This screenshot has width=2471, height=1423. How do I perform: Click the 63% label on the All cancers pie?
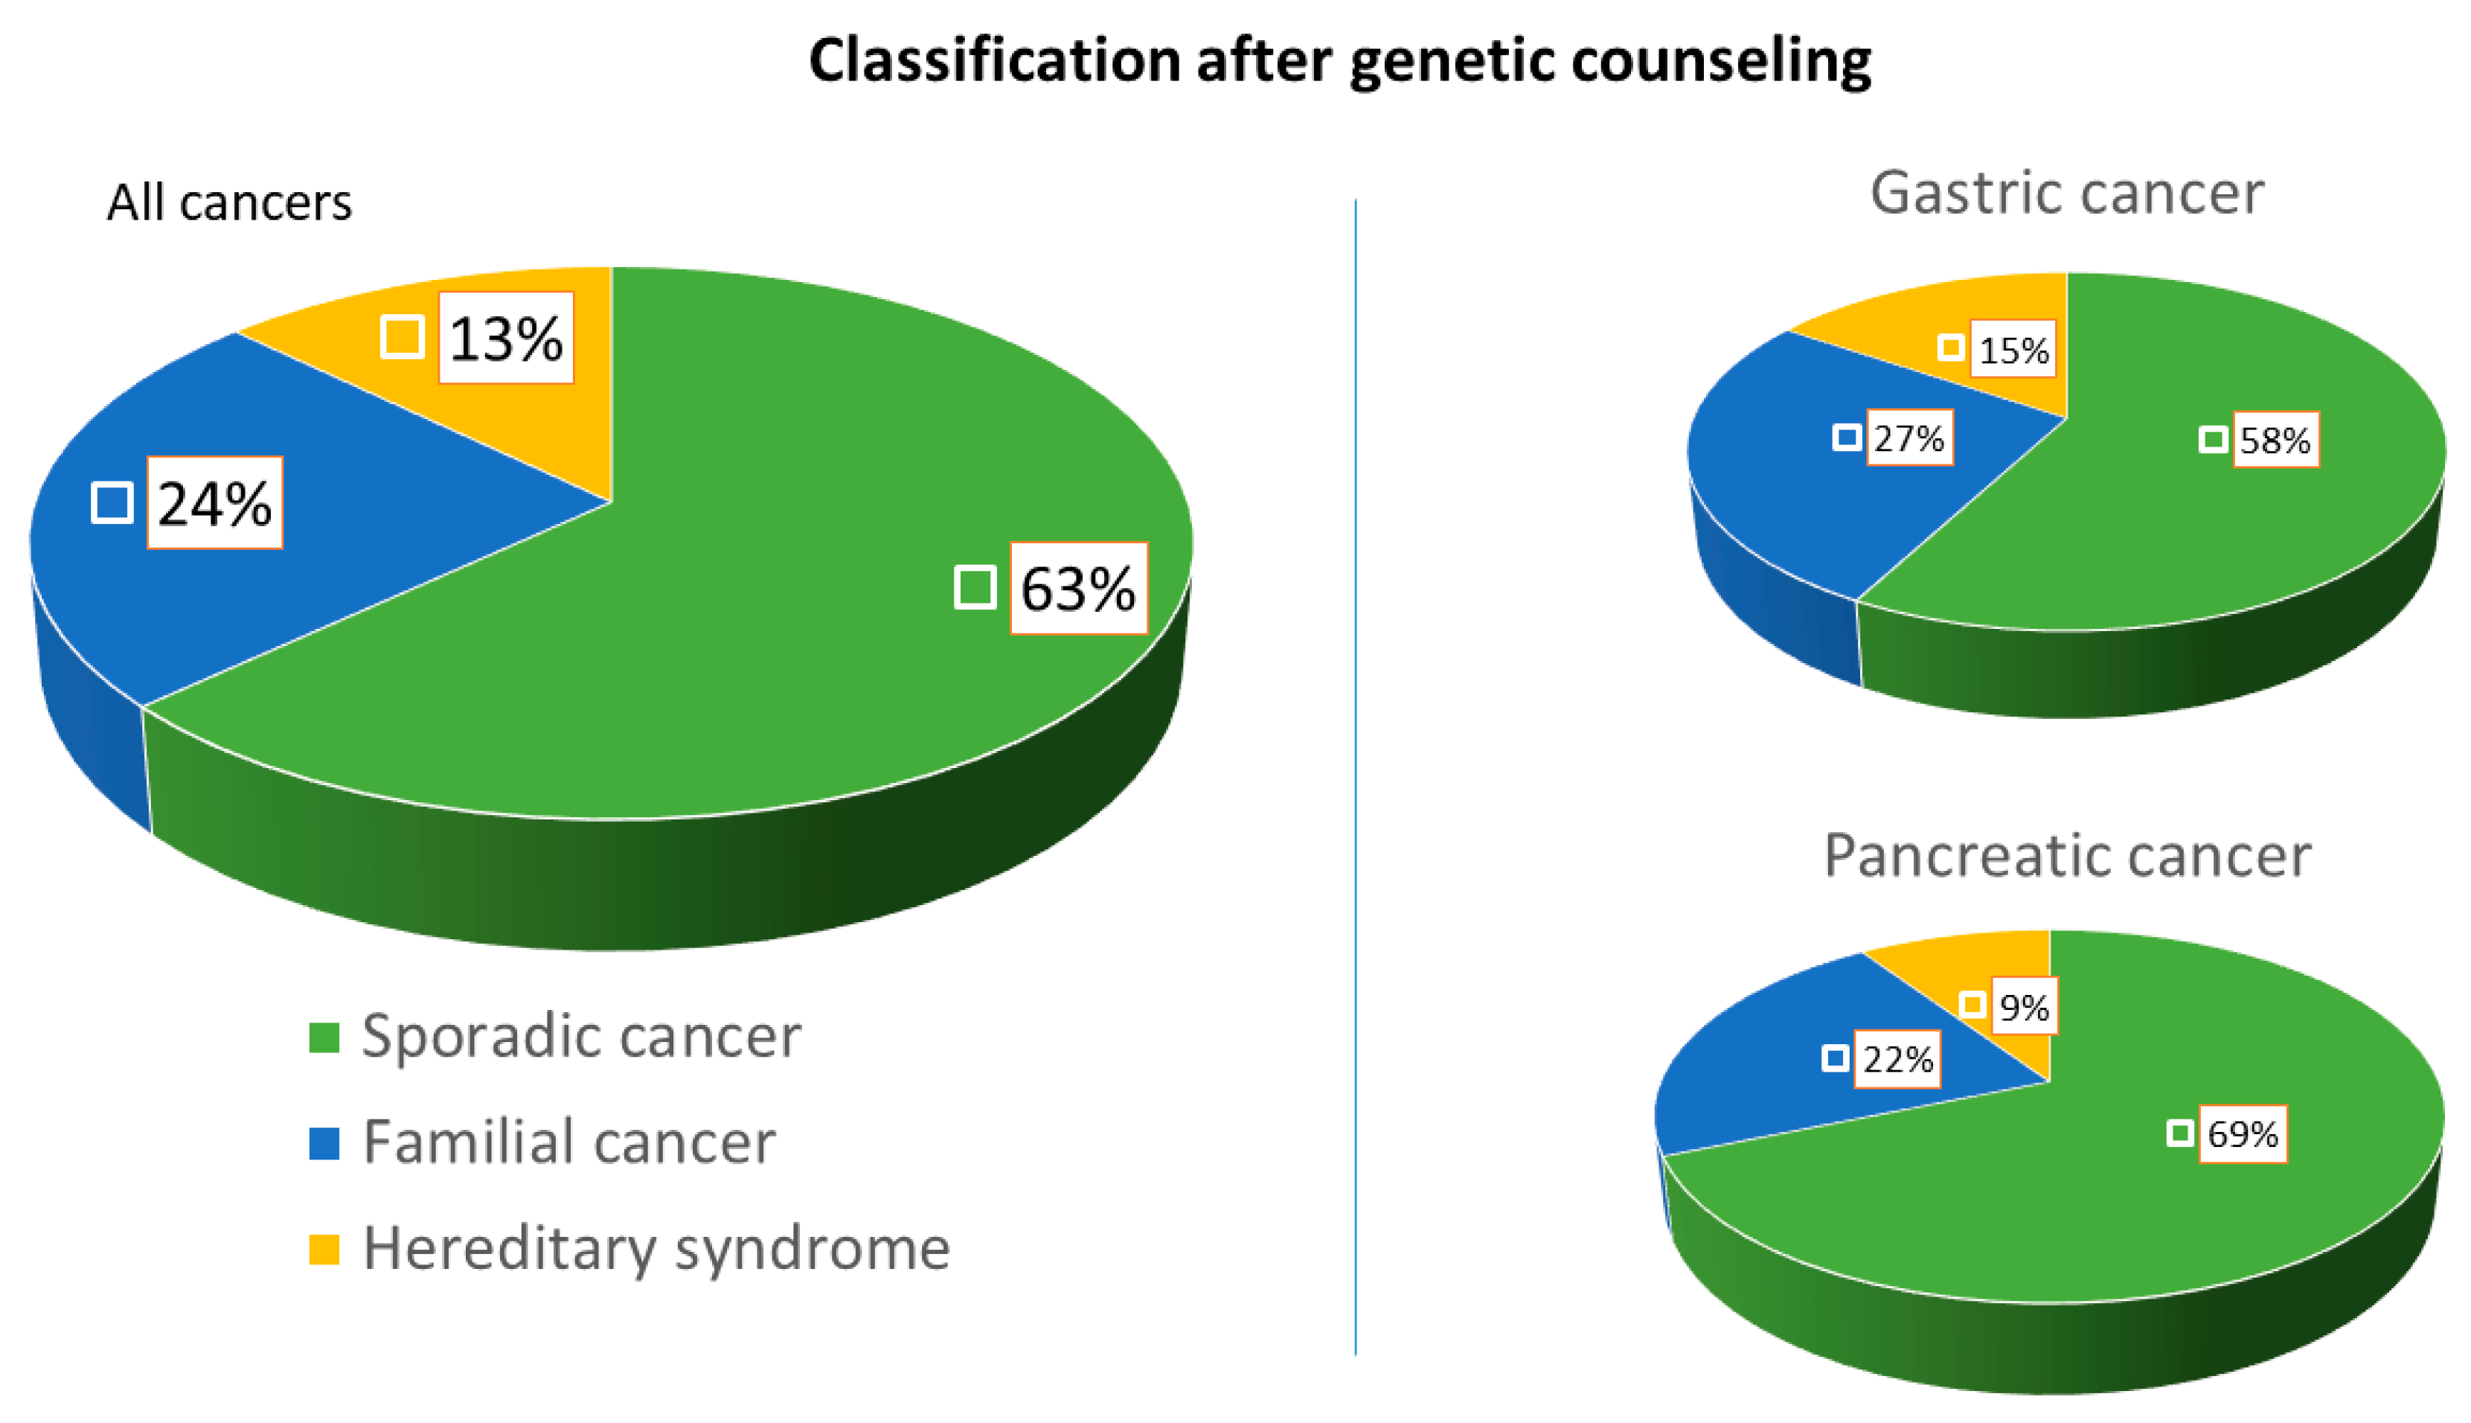click(1077, 589)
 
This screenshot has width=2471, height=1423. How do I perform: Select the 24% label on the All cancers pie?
click(214, 503)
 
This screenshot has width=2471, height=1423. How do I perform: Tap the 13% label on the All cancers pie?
click(505, 338)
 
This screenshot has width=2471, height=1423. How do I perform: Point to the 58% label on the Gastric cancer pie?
click(2274, 440)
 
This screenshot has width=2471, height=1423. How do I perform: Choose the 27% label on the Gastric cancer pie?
click(1908, 438)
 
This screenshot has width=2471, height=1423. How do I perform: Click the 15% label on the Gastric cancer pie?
click(2013, 349)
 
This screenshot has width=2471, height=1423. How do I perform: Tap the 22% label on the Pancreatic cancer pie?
click(1897, 1058)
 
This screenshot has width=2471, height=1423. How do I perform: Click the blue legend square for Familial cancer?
click(324, 1142)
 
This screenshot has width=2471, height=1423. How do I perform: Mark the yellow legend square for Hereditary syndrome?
click(324, 1249)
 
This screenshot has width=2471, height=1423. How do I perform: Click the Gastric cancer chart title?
click(2065, 193)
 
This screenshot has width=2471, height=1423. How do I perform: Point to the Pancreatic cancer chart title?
click(2065, 855)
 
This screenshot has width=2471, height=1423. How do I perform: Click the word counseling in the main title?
click(1720, 60)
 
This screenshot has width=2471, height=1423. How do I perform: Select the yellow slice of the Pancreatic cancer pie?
click(2003, 962)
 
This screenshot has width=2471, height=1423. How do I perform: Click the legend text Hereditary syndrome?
click(656, 1249)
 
